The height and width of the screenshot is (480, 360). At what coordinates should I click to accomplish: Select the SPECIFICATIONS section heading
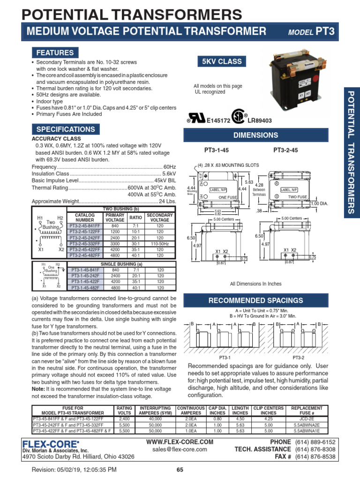pos(66,129)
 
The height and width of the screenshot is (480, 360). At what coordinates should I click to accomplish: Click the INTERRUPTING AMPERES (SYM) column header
pos(155,411)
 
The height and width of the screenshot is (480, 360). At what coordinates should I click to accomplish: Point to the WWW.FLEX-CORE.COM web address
pos(180,442)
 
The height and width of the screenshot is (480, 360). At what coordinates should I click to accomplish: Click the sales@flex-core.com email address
pos(180,449)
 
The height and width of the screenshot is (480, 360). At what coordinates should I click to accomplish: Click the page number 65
pos(180,470)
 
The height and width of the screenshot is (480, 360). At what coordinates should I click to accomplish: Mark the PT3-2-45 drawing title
pos(285,150)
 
